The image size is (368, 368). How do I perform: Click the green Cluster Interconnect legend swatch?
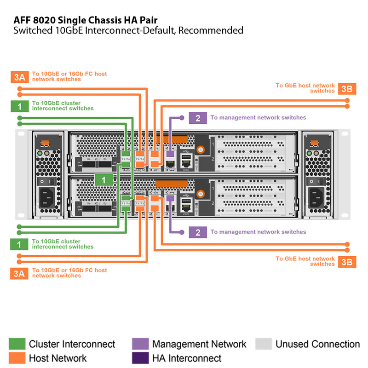17,344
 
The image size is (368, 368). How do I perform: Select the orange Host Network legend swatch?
17,358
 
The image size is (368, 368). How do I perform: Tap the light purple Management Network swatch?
140,344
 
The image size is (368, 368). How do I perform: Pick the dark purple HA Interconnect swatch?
140,358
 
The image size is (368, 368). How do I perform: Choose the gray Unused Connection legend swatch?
264,344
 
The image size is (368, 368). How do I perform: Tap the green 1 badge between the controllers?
103,179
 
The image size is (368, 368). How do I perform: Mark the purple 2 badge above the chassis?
198,118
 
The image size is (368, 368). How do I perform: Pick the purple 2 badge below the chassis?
198,232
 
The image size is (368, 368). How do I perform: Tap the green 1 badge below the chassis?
19,244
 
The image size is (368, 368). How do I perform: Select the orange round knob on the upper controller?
201,150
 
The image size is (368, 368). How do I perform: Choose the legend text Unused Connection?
317,344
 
